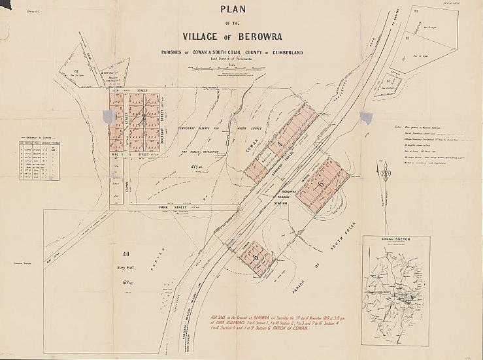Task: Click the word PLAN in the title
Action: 240,11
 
